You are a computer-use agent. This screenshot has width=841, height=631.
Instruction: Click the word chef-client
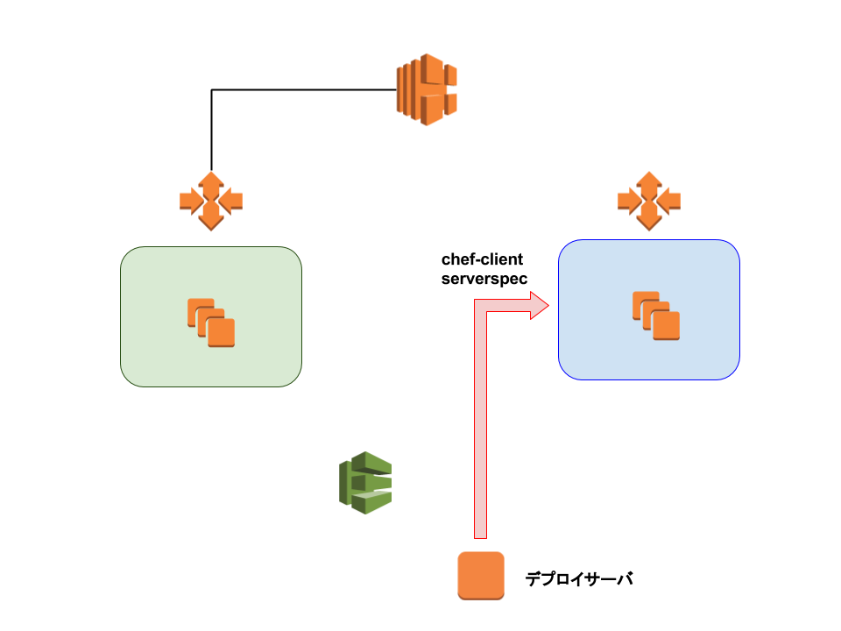pyautogui.click(x=482, y=259)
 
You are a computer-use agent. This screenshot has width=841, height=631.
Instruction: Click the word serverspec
pyautogui.click(x=484, y=279)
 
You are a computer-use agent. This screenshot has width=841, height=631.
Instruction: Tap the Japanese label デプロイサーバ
pyautogui.click(x=579, y=578)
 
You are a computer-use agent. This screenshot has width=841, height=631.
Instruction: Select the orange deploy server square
pyautogui.click(x=481, y=576)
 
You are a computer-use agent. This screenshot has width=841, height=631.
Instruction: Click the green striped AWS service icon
pyautogui.click(x=365, y=483)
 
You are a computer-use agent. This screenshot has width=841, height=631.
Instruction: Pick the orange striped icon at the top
pyautogui.click(x=427, y=89)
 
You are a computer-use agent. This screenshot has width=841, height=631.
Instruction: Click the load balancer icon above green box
pyautogui.click(x=211, y=202)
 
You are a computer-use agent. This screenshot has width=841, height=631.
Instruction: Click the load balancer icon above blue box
pyautogui.click(x=649, y=202)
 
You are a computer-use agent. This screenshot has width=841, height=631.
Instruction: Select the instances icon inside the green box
pyautogui.click(x=211, y=323)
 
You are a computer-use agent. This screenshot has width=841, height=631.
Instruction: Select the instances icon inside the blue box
pyautogui.click(x=656, y=315)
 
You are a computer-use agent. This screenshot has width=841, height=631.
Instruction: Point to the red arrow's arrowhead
pyautogui.click(x=540, y=306)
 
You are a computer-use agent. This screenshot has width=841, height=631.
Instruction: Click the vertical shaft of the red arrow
pyautogui.click(x=480, y=424)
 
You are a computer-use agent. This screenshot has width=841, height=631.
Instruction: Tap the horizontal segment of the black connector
pyautogui.click(x=304, y=89)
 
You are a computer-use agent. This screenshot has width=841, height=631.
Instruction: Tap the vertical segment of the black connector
pyautogui.click(x=211, y=131)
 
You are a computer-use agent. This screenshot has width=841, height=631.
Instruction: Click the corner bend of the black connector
pyautogui.click(x=211, y=89)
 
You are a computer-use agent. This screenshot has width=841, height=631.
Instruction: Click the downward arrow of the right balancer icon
pyautogui.click(x=649, y=219)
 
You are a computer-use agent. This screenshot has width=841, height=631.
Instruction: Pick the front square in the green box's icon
pyautogui.click(x=221, y=333)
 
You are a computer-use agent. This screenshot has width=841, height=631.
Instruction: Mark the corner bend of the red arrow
pyautogui.click(x=480, y=306)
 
